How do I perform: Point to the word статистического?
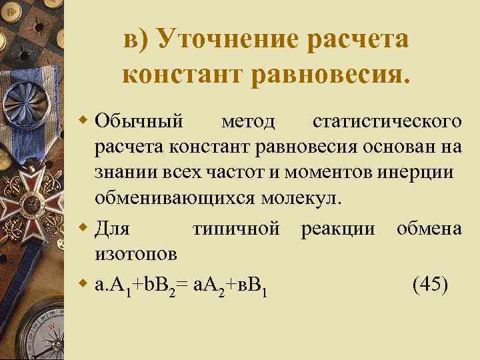(x=387, y=121)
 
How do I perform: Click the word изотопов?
(x=136, y=254)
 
